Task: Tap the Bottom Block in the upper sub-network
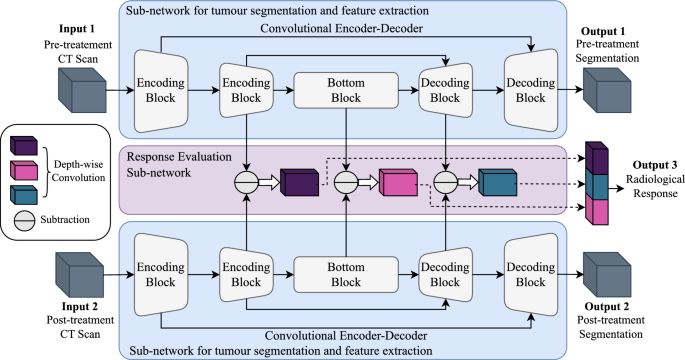pyautogui.click(x=345, y=91)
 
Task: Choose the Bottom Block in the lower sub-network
pyautogui.click(x=345, y=272)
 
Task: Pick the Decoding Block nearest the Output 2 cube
pyautogui.click(x=528, y=272)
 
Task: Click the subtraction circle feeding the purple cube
pyautogui.click(x=245, y=183)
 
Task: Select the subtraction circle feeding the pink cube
pyautogui.click(x=345, y=183)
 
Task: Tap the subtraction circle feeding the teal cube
pyautogui.click(x=444, y=183)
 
